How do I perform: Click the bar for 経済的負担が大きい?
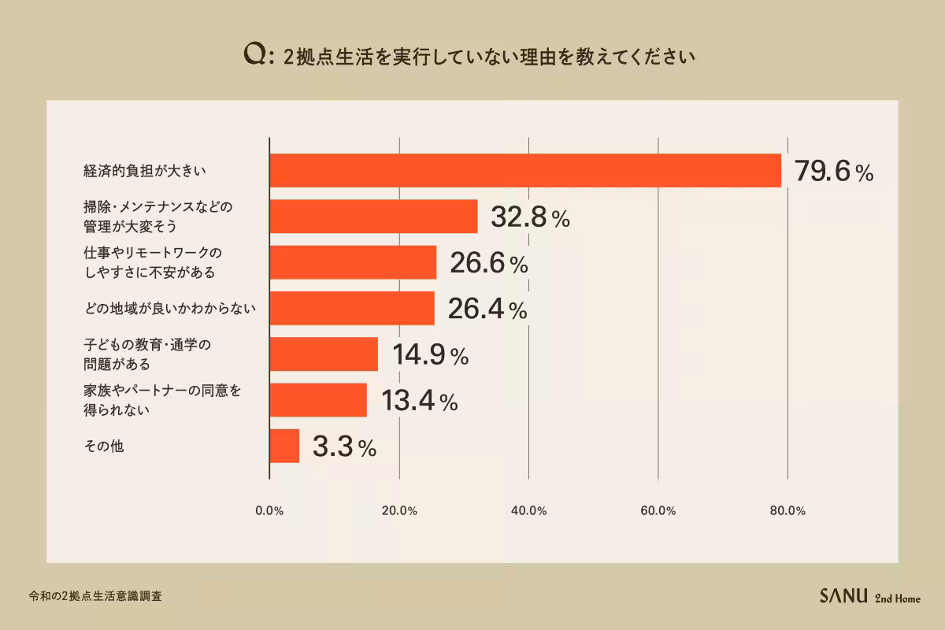[x=525, y=171]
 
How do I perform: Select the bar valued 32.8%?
[x=373, y=217]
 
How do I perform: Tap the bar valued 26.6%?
[x=353, y=262]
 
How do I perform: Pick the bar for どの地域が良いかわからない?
[x=352, y=308]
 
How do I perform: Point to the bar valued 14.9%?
[x=324, y=354]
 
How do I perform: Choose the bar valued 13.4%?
[x=318, y=400]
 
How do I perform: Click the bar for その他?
[x=284, y=446]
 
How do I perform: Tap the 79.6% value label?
[x=833, y=172]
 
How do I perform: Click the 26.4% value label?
[x=487, y=309]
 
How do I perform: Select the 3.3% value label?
[x=344, y=447]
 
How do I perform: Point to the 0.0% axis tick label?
[x=269, y=511]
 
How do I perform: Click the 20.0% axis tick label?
[x=399, y=511]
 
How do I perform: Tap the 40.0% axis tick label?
[x=528, y=511]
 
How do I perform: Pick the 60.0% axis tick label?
[x=658, y=511]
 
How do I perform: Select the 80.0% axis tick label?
[x=787, y=511]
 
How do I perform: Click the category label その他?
[x=104, y=446]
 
